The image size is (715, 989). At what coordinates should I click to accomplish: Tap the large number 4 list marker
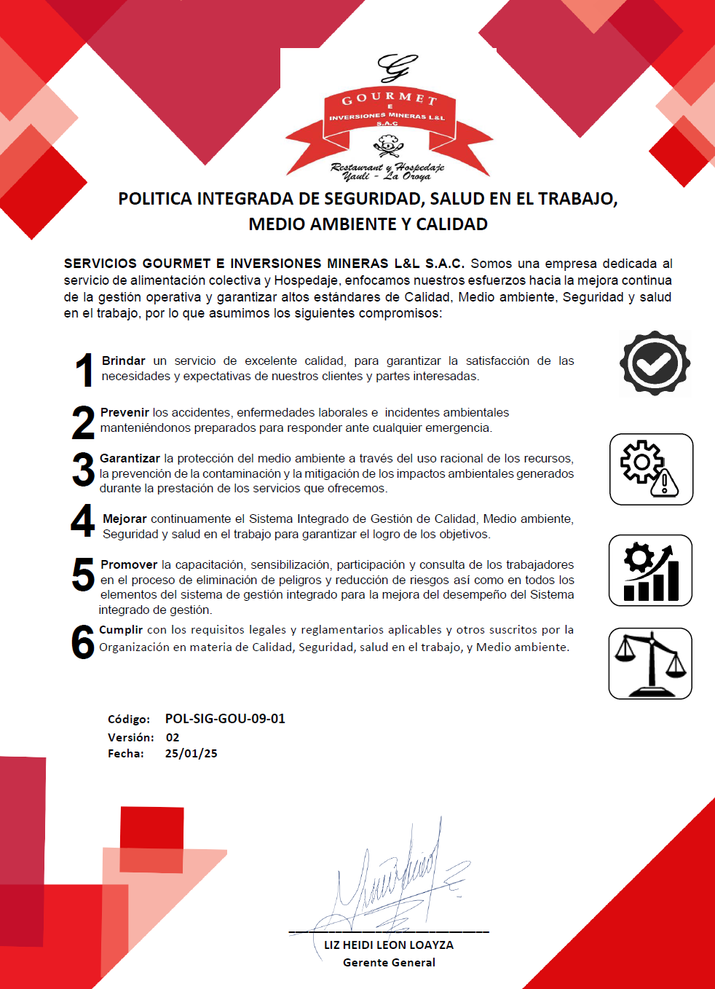83,521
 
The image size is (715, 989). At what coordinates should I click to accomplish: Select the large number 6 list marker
83,642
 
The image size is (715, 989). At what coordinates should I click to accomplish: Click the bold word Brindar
123,360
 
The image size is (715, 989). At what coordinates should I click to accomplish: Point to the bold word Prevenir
125,412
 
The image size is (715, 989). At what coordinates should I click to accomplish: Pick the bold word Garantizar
130,458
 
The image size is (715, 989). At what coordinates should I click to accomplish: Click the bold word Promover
129,564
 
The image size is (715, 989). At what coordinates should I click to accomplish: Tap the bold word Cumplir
121,629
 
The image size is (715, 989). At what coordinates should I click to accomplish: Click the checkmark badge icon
655,363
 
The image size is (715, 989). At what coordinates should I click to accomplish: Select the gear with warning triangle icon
651,469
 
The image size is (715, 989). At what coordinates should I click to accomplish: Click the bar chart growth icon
651,570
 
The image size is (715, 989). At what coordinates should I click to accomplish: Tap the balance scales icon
650,663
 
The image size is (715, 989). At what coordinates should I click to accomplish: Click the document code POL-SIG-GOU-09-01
225,719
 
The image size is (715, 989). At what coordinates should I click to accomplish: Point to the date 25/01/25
191,754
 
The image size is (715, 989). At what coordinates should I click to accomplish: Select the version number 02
173,737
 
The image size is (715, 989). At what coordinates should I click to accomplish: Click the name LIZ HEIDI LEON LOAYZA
389,945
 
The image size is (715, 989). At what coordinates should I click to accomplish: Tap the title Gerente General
389,962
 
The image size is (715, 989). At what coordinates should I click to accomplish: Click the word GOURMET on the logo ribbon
390,98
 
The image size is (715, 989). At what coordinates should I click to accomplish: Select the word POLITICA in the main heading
154,199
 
